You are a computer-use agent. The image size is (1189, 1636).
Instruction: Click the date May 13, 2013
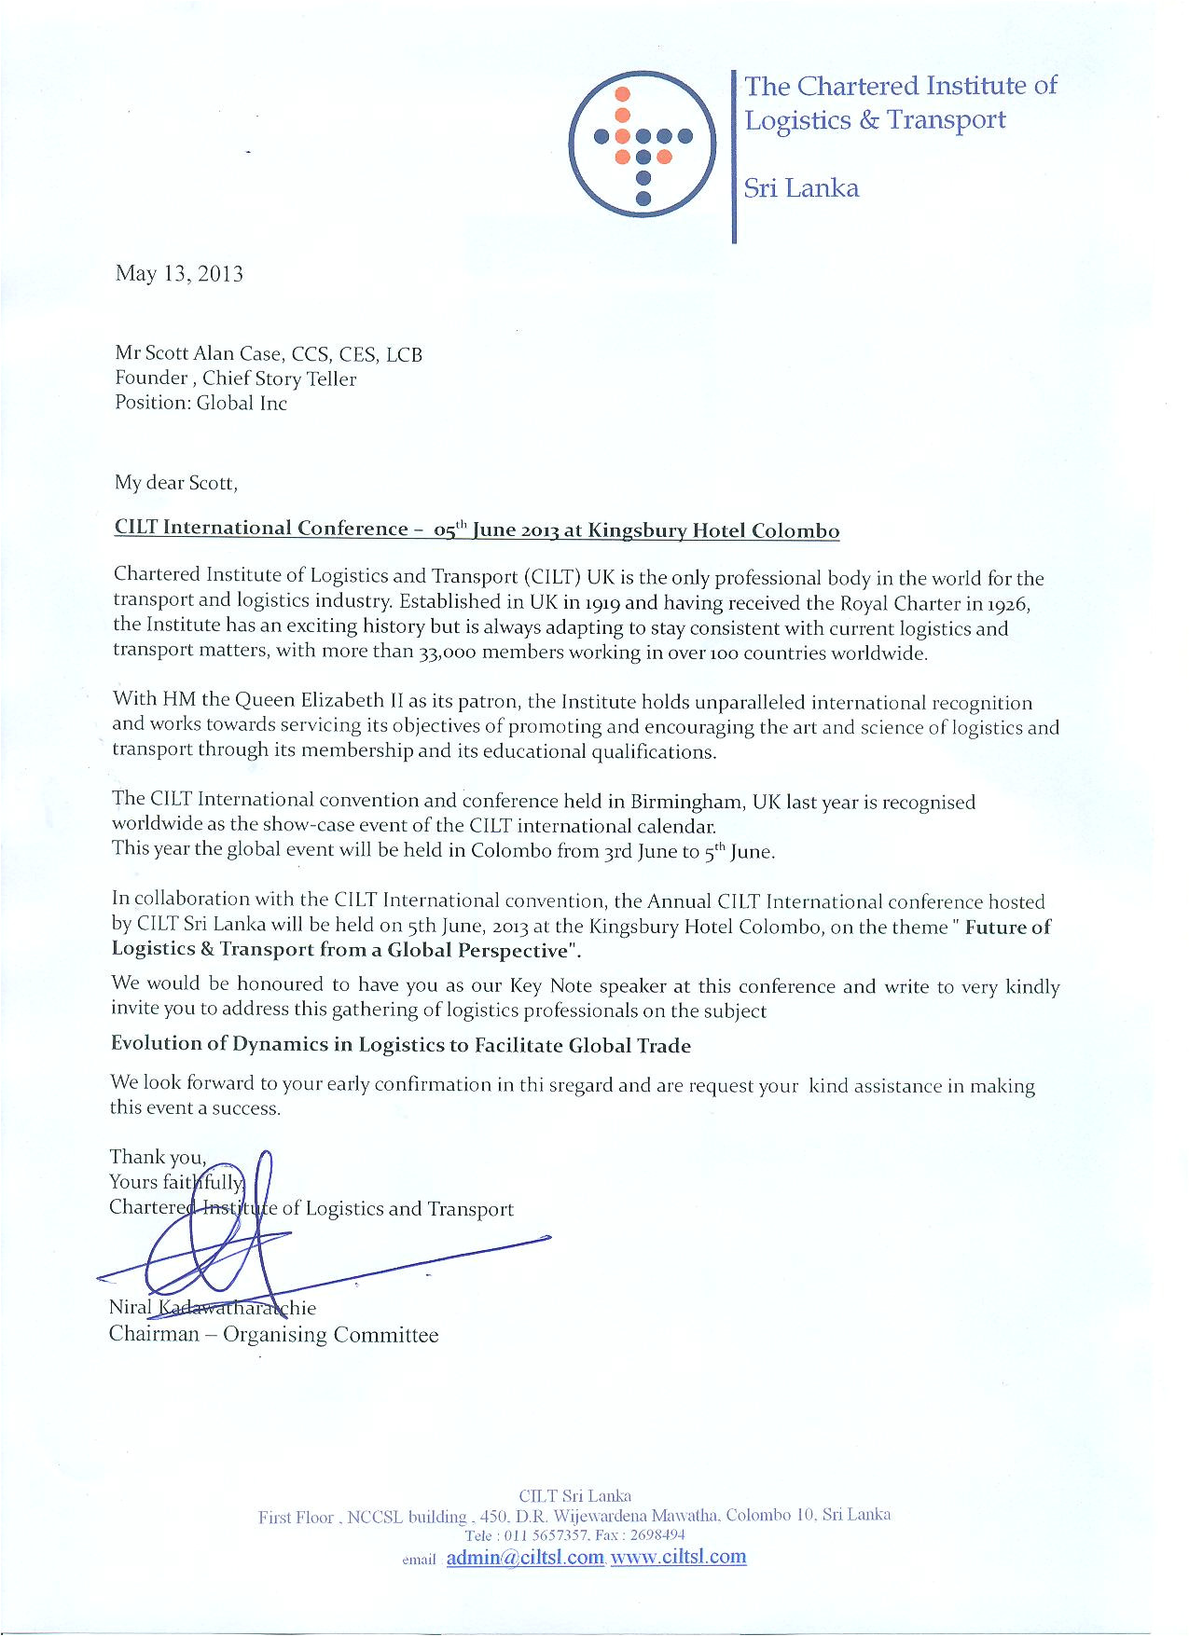click(x=179, y=274)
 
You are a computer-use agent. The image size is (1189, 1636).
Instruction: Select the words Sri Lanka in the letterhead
click(x=801, y=188)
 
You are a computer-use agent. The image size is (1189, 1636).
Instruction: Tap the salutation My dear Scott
click(x=176, y=483)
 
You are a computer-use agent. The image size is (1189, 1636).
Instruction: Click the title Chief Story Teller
click(x=280, y=378)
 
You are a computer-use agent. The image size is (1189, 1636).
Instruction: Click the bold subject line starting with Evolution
click(x=401, y=1045)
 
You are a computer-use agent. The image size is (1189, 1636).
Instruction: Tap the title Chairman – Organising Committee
click(x=273, y=1334)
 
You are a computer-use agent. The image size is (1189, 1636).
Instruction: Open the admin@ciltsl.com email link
click(x=525, y=1558)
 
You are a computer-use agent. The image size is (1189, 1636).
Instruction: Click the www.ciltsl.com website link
click(x=679, y=1557)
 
